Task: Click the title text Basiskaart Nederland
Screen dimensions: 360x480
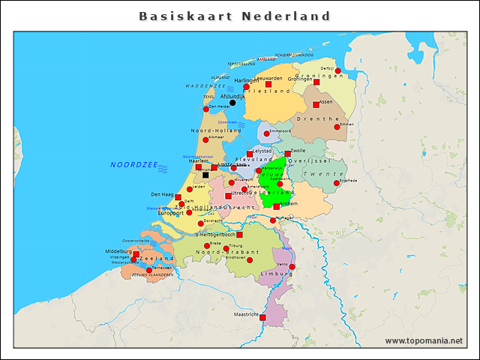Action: click(x=235, y=16)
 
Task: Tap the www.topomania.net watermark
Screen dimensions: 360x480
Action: click(x=424, y=340)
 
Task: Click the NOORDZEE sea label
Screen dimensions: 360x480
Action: click(x=133, y=164)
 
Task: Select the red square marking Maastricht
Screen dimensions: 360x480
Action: click(x=262, y=317)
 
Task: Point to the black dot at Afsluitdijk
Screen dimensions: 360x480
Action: click(x=232, y=103)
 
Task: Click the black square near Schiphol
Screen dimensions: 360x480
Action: click(x=205, y=175)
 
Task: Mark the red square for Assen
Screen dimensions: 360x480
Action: click(x=316, y=105)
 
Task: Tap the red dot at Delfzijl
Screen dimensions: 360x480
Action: click(x=337, y=70)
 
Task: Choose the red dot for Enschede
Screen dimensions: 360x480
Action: click(x=337, y=183)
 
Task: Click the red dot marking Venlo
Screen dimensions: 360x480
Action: click(x=292, y=267)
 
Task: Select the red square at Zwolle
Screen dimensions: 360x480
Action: click(x=287, y=154)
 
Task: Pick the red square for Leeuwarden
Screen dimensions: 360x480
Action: click(x=268, y=83)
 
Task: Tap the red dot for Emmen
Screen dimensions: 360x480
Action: click(x=337, y=127)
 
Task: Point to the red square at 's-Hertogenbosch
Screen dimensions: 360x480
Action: click(x=239, y=235)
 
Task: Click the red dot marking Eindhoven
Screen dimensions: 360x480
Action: click(x=250, y=260)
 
